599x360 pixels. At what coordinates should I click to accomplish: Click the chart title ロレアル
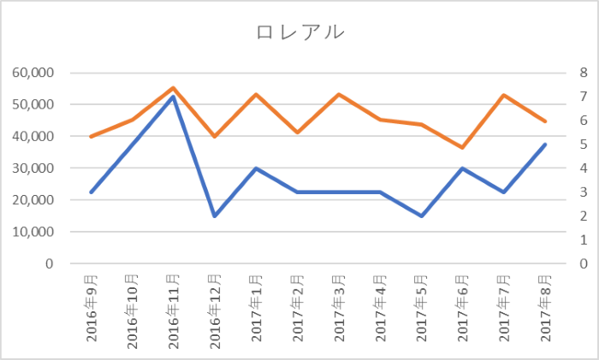pyautogui.click(x=300, y=32)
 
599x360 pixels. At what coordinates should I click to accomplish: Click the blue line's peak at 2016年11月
pyautogui.click(x=174, y=97)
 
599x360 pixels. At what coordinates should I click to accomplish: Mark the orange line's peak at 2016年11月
pyautogui.click(x=174, y=87)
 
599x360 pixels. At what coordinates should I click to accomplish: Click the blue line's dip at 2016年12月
pyautogui.click(x=215, y=215)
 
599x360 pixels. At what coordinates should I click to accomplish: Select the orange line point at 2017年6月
pyautogui.click(x=464, y=147)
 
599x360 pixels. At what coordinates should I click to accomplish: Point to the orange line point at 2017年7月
pyautogui.click(x=505, y=95)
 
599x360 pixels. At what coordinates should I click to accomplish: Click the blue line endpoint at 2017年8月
pyautogui.click(x=546, y=145)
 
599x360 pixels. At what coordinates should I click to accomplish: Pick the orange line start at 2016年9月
pyautogui.click(x=91, y=137)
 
